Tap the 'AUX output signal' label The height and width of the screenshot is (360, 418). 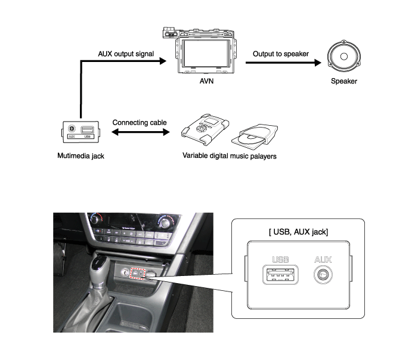pyautogui.click(x=126, y=54)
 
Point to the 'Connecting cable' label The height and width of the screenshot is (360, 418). pyautogui.click(x=140, y=122)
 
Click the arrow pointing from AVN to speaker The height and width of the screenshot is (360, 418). pyautogui.click(x=280, y=62)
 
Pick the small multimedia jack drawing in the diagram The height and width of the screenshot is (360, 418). pyautogui.click(x=80, y=131)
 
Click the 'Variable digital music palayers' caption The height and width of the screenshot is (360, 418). pyautogui.click(x=228, y=157)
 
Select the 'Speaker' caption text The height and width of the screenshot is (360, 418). pyautogui.click(x=343, y=81)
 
